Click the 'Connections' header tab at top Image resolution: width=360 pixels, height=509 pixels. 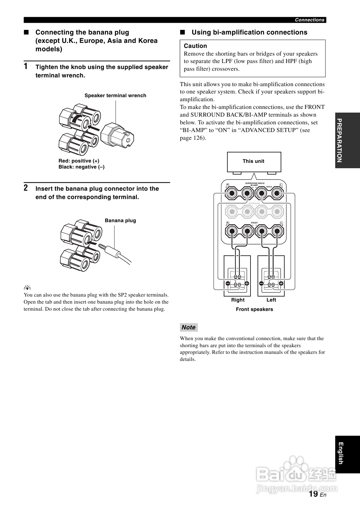click(309, 20)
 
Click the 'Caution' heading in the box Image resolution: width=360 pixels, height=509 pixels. click(195, 46)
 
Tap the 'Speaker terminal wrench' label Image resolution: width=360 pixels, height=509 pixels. click(115, 96)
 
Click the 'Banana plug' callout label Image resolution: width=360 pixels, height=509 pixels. click(120, 220)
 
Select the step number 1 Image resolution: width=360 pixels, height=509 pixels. click(26, 66)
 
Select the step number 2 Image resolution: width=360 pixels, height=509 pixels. click(26, 188)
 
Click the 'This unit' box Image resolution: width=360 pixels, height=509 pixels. click(254, 162)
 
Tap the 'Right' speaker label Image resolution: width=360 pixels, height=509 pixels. click(238, 300)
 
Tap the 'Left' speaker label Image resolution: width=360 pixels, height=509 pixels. click(271, 300)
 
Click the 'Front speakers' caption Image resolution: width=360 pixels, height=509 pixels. click(254, 309)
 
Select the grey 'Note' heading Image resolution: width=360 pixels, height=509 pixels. click(189, 327)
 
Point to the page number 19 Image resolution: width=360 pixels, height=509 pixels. click(313, 494)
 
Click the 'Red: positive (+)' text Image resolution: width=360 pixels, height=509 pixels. click(79, 161)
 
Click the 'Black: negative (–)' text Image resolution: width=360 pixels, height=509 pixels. click(81, 167)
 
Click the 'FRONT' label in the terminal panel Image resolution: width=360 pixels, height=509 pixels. click(254, 223)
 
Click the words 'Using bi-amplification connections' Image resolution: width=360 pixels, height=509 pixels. click(249, 33)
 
